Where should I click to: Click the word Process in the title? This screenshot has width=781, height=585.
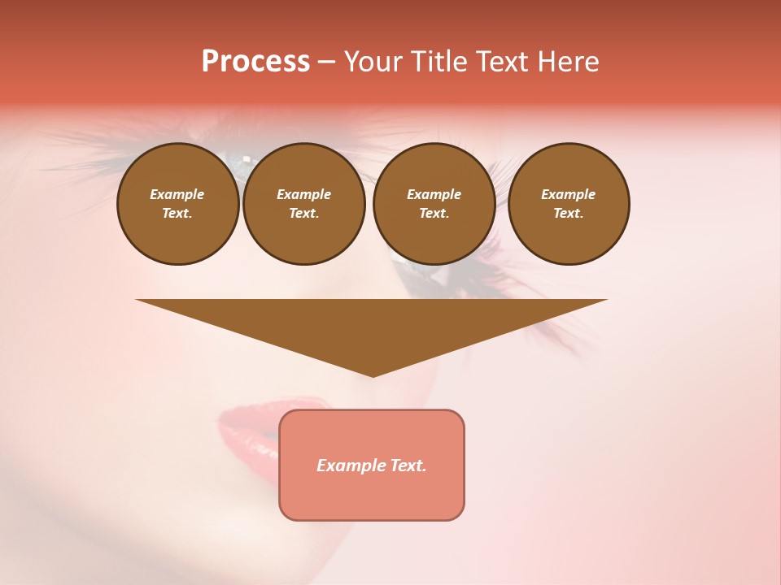tap(255, 62)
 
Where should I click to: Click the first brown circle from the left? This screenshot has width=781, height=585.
tap(177, 204)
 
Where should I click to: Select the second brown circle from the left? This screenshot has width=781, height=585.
tap(303, 204)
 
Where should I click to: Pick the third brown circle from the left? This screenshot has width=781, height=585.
tap(434, 204)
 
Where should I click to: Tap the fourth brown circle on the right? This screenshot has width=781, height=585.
tap(568, 204)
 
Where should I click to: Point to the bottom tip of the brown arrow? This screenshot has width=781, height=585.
tap(373, 375)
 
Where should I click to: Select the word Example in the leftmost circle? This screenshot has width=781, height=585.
tap(177, 194)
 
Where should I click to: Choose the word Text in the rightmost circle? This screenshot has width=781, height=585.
tap(568, 214)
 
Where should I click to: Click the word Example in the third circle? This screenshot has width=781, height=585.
tap(434, 194)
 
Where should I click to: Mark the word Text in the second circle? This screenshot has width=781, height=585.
tap(303, 214)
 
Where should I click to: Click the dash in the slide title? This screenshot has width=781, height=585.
tap(327, 63)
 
